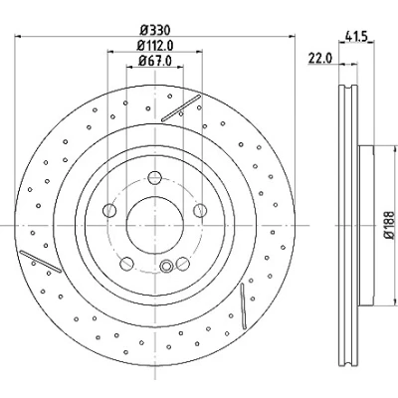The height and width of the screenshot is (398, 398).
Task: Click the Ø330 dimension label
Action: pos(155,31)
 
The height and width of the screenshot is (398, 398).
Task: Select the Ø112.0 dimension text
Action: pos(155,46)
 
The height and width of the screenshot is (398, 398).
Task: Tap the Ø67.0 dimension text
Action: pos(155,61)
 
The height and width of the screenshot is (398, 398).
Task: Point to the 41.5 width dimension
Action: pos(356,35)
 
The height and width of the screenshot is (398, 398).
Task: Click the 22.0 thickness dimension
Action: pos(320,58)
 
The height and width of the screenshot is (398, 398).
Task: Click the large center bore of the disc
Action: pos(155,225)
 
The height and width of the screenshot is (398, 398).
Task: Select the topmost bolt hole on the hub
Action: pos(155,178)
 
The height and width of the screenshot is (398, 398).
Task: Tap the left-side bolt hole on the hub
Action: pos(109,210)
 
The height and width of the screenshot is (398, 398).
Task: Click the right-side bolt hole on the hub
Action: pos(200,211)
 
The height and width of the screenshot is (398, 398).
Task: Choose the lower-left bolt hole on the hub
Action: pos(126,264)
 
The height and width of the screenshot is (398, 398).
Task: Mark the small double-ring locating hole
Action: pos(166,266)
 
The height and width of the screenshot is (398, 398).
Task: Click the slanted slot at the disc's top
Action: pos(181,108)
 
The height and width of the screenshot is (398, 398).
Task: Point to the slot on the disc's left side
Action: pos(41,262)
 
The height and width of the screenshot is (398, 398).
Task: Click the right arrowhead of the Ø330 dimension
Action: pos(292,36)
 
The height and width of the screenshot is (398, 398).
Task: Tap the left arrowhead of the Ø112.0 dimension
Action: pos(110,52)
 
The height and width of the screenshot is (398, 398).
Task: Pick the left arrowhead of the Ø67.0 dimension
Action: pos(129,67)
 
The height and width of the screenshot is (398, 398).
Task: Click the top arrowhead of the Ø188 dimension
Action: pos(395,148)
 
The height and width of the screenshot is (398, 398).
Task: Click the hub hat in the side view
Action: pos(366,225)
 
